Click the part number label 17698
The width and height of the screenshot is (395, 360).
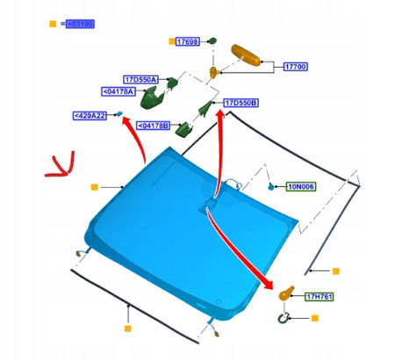pos(188,41)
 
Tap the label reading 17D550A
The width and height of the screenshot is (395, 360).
pos(137,79)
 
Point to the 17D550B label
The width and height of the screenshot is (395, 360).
pos(241,103)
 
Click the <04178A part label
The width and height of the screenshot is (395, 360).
pos(118,90)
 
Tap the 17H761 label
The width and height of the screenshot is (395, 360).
pos(320,297)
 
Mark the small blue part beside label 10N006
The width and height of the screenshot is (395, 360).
pos(271,187)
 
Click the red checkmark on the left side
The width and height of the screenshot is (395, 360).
pos(62,165)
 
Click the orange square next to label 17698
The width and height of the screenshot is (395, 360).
pos(169,41)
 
